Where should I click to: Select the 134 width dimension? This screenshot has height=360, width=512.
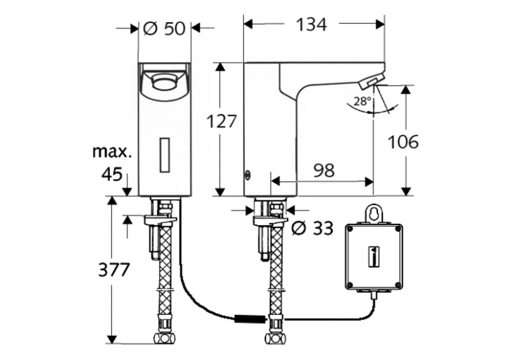tap(311, 25)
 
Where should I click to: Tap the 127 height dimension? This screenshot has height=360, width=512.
tap(221, 121)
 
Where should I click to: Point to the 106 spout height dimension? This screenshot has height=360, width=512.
tap(403, 141)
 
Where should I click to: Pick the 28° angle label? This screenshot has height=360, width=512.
tap(362, 100)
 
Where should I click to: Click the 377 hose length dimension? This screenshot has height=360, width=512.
tap(114, 269)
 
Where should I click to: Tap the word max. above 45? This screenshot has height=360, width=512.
tap(112, 150)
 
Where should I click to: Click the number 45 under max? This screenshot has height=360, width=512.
tap(112, 174)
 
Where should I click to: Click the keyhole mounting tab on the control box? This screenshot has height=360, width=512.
tap(373, 212)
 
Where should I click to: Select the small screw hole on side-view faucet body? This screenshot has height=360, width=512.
tap(248, 174)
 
